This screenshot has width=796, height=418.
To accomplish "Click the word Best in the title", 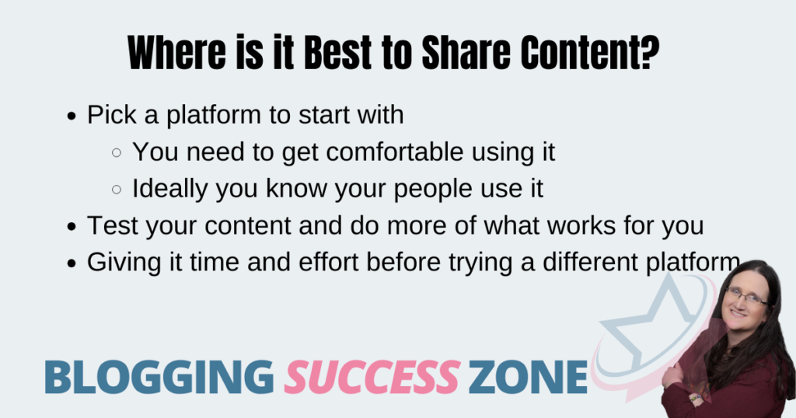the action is pos(337,53).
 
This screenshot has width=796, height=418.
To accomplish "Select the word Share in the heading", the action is pos(466,53).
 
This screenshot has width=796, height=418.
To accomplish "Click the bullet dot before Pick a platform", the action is pos(72,117).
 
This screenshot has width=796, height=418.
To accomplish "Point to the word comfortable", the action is pos(395,152).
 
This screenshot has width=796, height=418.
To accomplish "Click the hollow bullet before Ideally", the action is pos(117,190).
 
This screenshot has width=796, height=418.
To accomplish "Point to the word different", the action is pos(590,263).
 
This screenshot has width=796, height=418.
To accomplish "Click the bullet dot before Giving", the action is pos(72,264).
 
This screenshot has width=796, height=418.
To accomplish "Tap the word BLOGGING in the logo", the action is pos(159,377).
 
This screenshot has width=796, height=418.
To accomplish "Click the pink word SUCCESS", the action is pos(372,377).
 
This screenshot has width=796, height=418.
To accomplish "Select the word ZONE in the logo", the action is pos(528,377).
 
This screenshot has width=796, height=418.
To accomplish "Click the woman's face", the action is pos(743,301).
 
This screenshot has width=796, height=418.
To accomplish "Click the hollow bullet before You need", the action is pos(117,152).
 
